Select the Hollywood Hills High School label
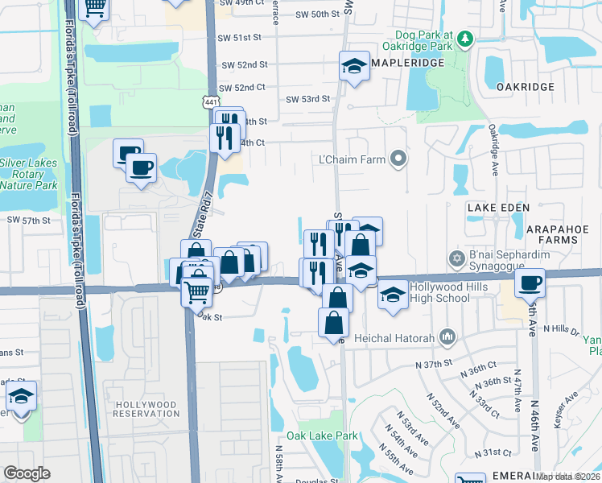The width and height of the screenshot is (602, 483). point(439,292)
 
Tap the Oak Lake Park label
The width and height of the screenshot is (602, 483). point(328,436)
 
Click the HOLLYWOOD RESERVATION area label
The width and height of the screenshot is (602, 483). point(146,408)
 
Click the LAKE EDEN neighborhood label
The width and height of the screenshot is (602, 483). point(498,208)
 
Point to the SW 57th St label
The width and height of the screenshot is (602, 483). point(29,219)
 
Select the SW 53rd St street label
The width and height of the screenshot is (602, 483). point(308,99)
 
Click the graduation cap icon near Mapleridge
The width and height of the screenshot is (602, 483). point(353,67)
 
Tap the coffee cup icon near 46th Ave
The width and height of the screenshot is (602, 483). point(530,282)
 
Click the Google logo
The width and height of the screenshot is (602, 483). point(27,473)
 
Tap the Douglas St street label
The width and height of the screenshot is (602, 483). point(317,481)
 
